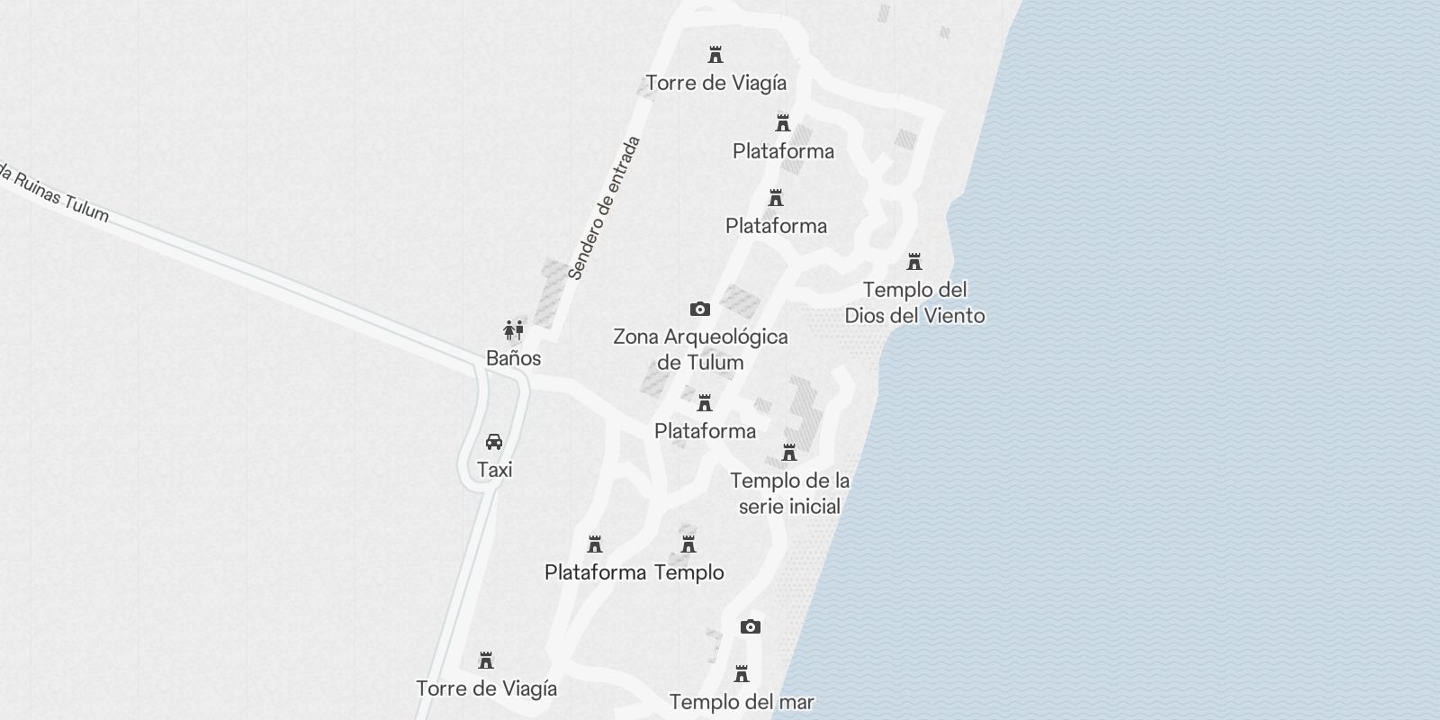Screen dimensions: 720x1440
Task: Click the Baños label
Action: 513,358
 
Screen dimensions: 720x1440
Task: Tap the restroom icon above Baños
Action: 513,329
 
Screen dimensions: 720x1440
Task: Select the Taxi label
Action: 494,470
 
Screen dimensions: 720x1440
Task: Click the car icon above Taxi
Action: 494,442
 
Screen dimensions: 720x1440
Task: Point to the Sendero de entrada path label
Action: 605,208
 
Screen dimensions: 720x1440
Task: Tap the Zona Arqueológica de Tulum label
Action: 700,349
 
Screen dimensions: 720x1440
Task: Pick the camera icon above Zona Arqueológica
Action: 699,309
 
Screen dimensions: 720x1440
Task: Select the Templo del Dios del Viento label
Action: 914,302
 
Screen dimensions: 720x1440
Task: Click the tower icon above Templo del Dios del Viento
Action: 914,262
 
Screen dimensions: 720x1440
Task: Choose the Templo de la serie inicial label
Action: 789,493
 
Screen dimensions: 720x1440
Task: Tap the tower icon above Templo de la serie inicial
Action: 789,452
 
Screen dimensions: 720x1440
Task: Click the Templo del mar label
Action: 742,702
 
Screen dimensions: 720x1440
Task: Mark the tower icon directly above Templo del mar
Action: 742,674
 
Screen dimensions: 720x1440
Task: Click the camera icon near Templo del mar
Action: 750,626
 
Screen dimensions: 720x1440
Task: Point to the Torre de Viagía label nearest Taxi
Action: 486,688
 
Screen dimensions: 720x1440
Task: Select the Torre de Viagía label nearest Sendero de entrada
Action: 715,83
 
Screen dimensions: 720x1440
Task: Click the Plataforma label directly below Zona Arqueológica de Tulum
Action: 705,431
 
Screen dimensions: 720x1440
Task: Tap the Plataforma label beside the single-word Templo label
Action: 595,572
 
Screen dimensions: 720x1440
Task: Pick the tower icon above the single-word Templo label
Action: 688,544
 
